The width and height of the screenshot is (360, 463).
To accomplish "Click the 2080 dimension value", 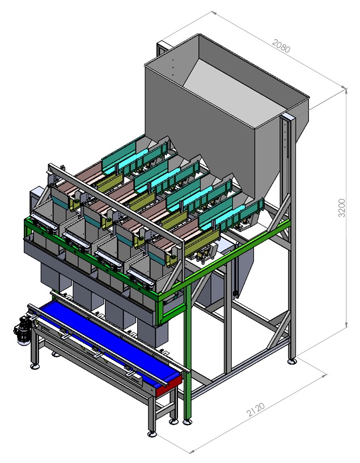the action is [281, 46].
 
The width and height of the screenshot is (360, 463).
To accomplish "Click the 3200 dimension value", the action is [342, 208].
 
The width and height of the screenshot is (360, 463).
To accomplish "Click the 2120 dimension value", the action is [256, 410].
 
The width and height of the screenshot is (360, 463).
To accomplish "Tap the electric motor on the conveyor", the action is [22, 331].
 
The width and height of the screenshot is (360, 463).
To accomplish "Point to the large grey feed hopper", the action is [225, 118].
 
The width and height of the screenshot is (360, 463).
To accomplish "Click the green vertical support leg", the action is [187, 351].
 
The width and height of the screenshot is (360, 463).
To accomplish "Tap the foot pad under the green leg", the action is [187, 422].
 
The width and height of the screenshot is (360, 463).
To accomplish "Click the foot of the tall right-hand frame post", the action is [293, 361].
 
